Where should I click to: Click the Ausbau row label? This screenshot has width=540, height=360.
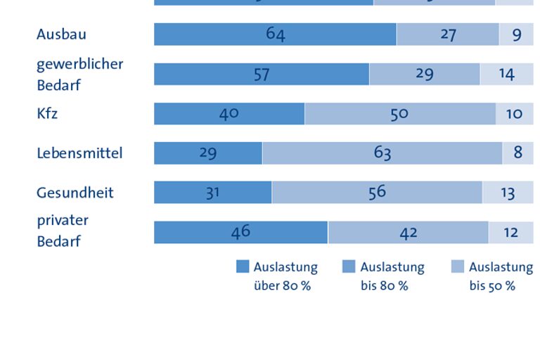pyautogui.click(x=61, y=34)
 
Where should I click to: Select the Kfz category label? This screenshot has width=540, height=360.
pyautogui.click(x=47, y=113)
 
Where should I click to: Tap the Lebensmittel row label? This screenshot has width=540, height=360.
pyautogui.click(x=79, y=153)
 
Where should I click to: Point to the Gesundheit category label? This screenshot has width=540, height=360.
pyautogui.click(x=75, y=193)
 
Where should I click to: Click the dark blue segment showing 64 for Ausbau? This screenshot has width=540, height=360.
pyautogui.click(x=275, y=34)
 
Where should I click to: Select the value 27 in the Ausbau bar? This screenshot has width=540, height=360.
pyautogui.click(x=448, y=34)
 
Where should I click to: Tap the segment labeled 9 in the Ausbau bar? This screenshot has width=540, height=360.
pyautogui.click(x=517, y=34)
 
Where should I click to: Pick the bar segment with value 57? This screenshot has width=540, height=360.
pyautogui.click(x=261, y=74)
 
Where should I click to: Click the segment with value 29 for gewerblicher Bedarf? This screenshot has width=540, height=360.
pyautogui.click(x=424, y=74)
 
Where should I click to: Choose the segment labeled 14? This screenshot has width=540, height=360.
pyautogui.click(x=506, y=74)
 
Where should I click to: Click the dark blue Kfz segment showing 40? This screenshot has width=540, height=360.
pyautogui.click(x=229, y=113)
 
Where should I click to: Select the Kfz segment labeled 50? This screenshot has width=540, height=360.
pyautogui.click(x=399, y=113)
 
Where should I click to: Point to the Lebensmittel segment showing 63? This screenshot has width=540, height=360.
pyautogui.click(x=382, y=153)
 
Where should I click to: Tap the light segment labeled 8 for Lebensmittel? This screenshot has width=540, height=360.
pyautogui.click(x=518, y=153)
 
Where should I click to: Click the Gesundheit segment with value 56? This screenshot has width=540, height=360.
pyautogui.click(x=377, y=193)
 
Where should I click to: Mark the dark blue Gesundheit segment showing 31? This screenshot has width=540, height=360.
pyautogui.click(x=212, y=193)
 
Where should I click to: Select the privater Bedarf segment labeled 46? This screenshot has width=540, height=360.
pyautogui.click(x=240, y=232)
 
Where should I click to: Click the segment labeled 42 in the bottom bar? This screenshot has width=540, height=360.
pyautogui.click(x=408, y=232)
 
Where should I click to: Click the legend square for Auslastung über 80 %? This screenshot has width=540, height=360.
pyautogui.click(x=243, y=266)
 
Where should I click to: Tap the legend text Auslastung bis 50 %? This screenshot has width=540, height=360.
pyautogui.click(x=501, y=276)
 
